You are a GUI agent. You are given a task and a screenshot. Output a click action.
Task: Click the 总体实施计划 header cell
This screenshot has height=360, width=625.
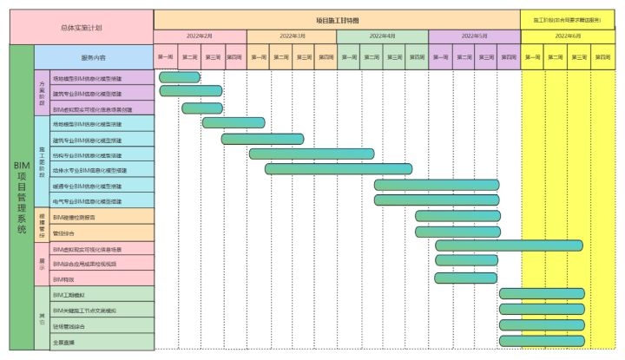point(81,27)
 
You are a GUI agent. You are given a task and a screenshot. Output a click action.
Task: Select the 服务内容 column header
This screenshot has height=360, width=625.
point(93,57)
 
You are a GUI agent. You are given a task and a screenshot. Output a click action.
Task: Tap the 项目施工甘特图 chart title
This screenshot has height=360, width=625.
point(337,19)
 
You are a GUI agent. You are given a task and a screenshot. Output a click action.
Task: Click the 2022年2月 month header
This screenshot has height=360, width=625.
point(200,36)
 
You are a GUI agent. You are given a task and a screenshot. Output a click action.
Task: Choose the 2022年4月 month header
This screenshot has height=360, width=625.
point(382,36)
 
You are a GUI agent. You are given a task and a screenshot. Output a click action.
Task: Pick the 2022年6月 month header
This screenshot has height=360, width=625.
point(568,36)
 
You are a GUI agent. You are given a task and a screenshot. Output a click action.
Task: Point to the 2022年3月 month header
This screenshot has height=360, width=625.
point(292,36)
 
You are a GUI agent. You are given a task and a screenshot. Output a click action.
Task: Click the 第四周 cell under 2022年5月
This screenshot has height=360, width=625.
point(508,57)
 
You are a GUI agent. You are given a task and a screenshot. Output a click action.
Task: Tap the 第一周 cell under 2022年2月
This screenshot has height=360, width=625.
point(166,57)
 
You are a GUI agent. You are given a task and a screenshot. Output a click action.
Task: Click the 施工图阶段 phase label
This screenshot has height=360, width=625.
point(42,161)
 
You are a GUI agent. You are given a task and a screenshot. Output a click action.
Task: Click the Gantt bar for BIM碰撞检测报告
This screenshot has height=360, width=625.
point(457,216)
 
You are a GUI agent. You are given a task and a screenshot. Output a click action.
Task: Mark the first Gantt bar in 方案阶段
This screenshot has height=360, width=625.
point(180,77)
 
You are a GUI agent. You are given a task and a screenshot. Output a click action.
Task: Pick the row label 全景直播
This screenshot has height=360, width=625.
point(64,342)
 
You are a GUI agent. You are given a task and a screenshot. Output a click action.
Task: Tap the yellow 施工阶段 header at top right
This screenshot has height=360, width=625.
point(568,19)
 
